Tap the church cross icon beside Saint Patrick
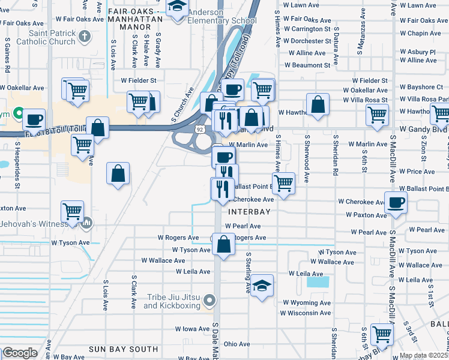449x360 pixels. [x=85, y=35]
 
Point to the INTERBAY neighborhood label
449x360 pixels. [x=249, y=212]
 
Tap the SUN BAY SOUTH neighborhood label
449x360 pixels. [x=123, y=349]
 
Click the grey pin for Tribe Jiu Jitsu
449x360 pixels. [x=209, y=299]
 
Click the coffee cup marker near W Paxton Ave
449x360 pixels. [x=396, y=202]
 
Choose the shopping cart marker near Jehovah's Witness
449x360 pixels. [x=72, y=211]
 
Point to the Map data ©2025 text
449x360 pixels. [x=424, y=355]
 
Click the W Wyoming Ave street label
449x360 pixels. [x=307, y=303]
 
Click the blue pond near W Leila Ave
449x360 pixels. [x=318, y=281]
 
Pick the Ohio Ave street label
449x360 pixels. [x=237, y=344]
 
